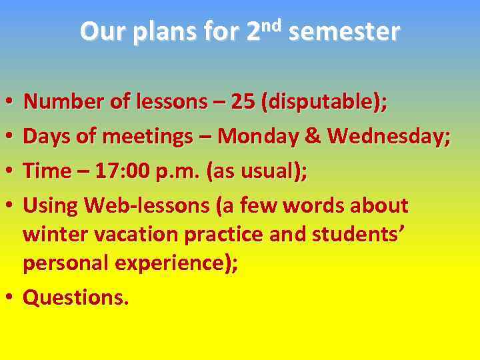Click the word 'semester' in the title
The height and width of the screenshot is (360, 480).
(344, 31)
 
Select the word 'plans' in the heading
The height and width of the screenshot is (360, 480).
(158, 32)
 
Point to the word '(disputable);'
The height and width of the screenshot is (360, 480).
(325, 102)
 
